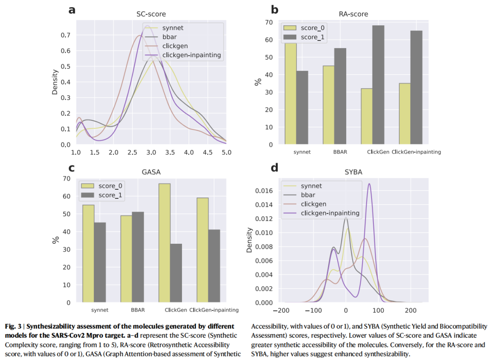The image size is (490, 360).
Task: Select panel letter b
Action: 274,9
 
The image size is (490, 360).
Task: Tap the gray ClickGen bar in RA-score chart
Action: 377,85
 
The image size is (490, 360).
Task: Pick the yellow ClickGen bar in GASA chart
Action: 164,243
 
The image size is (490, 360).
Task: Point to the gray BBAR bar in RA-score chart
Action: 340,96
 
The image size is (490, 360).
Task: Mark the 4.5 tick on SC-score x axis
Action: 207,152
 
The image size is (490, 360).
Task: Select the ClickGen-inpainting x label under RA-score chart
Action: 416,152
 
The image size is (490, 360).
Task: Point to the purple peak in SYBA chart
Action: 369,184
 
